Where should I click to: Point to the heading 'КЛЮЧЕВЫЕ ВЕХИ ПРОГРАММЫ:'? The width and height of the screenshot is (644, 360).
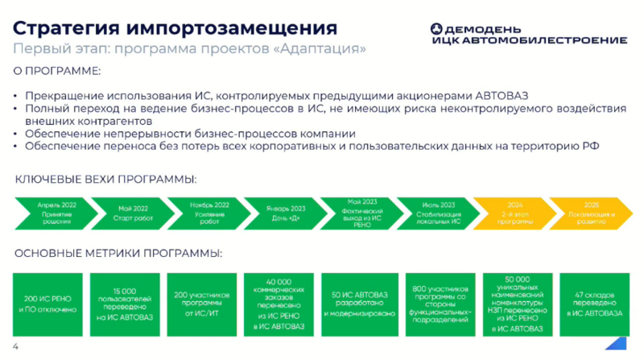click(x=106, y=178)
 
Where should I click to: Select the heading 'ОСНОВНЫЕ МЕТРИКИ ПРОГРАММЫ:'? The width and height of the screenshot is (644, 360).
click(x=118, y=254)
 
